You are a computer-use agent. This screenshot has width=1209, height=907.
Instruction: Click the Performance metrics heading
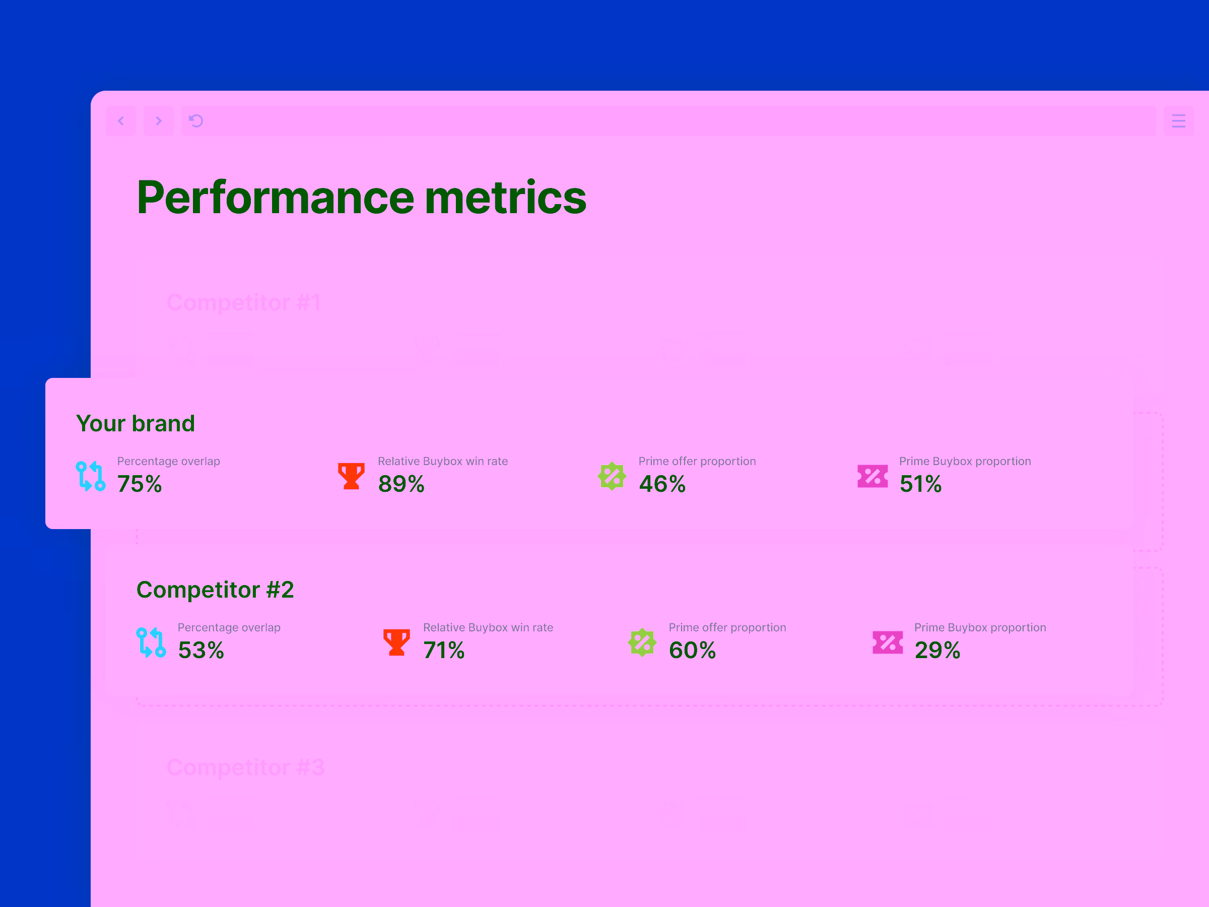click(x=361, y=198)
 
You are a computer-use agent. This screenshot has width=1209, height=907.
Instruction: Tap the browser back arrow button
click(x=121, y=121)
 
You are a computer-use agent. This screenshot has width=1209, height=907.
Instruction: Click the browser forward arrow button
click(x=159, y=121)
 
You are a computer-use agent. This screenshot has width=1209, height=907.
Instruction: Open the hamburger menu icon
click(x=1178, y=121)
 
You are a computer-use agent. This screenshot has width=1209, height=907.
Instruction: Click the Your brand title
click(x=135, y=424)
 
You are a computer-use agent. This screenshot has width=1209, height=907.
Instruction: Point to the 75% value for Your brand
click(x=140, y=484)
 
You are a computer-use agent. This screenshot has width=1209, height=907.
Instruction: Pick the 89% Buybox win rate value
click(x=401, y=484)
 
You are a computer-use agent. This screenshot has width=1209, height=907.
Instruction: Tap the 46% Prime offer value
click(x=662, y=484)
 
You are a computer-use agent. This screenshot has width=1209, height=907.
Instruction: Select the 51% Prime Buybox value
click(x=920, y=484)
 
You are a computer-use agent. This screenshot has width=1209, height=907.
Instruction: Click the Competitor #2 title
click(x=215, y=590)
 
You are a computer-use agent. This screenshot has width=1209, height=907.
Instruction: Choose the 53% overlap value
click(x=200, y=650)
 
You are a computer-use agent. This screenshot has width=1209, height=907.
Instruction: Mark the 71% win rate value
click(x=443, y=650)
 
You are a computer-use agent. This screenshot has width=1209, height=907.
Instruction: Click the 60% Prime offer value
click(x=692, y=650)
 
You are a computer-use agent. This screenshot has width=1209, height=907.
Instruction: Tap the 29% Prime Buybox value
click(x=937, y=650)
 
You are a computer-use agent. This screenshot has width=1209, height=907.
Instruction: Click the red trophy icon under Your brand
click(x=351, y=476)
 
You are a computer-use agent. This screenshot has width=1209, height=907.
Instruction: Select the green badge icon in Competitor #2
click(x=642, y=642)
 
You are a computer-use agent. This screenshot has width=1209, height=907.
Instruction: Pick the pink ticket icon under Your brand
click(x=872, y=476)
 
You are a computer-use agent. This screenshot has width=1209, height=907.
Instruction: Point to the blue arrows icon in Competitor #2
click(x=151, y=642)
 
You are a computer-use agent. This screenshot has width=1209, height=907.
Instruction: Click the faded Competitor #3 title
click(x=245, y=767)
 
